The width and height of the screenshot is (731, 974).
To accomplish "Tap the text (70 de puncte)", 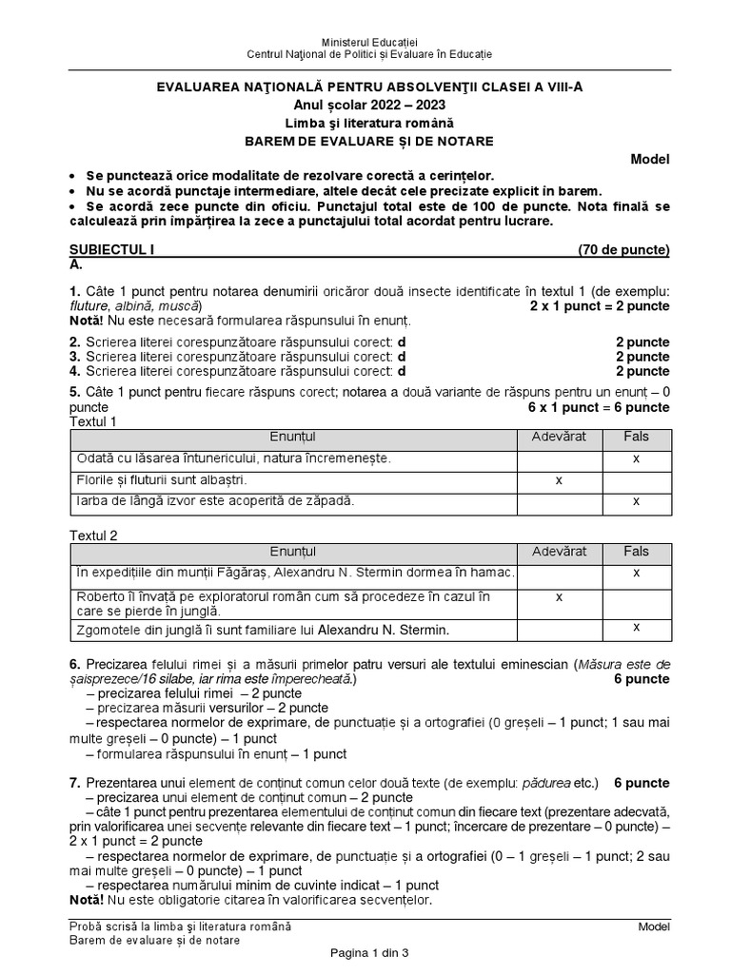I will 623,250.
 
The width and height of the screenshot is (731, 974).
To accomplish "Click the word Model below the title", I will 651,159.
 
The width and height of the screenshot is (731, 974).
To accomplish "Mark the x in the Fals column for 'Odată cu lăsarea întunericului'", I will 636,459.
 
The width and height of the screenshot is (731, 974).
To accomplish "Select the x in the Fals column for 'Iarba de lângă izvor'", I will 636,501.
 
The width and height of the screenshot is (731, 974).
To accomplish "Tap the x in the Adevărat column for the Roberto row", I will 559,596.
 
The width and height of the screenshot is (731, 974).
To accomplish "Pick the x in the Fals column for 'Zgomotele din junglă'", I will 636,627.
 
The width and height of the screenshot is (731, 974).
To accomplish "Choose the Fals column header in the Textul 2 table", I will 636,552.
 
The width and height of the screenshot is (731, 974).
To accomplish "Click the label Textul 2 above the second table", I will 94,536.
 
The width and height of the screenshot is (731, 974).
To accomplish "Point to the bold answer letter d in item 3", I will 401,357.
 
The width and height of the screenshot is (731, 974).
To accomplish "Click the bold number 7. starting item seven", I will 75,783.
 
